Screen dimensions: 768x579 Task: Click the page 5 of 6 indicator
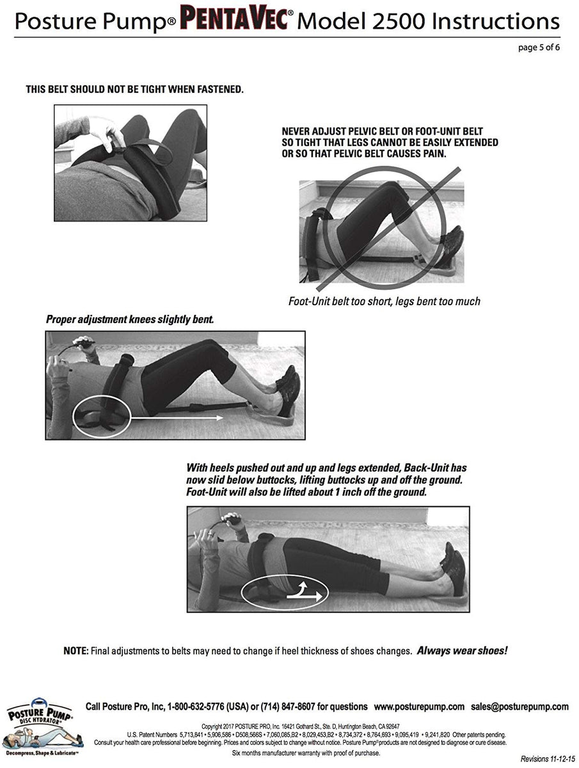[x=539, y=47]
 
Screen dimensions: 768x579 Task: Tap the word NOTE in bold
[x=75, y=651]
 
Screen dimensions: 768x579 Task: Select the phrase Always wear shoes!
[x=462, y=651]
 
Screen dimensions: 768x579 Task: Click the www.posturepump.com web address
[x=419, y=707]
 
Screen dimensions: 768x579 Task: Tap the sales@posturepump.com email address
[x=520, y=707]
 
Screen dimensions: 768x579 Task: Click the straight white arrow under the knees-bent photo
[x=176, y=418]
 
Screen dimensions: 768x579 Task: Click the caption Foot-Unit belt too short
[x=384, y=301]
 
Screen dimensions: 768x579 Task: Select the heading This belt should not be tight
[x=134, y=90]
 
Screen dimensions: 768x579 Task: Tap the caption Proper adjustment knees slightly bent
[x=129, y=319]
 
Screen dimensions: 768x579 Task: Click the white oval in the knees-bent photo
[x=101, y=419]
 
